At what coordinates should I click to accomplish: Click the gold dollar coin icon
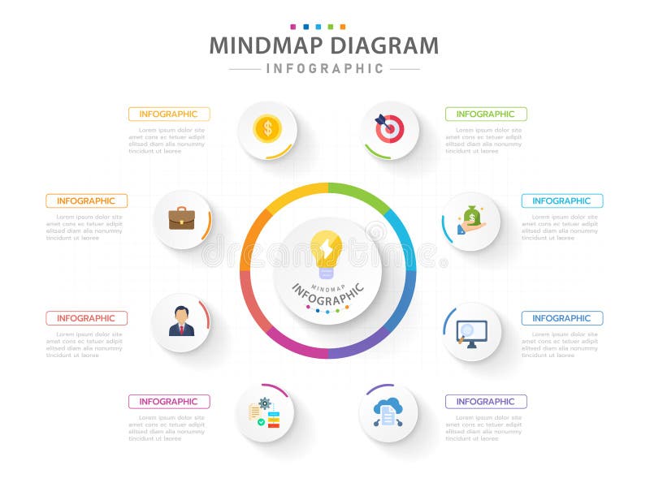(267, 128)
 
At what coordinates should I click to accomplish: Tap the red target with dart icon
(389, 128)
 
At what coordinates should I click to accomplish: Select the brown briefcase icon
(181, 218)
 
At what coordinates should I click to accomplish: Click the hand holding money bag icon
(470, 220)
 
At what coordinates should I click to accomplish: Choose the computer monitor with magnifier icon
(471, 332)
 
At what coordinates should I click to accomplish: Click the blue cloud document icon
(388, 412)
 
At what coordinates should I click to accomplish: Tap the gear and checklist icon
(264, 412)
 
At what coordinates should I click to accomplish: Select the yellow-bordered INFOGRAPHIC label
(169, 114)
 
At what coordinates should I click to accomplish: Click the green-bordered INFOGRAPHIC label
(486, 114)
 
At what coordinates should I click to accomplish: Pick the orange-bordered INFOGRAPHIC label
(87, 200)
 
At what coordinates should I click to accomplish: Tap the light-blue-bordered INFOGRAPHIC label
(562, 200)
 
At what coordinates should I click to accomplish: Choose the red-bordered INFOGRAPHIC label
(87, 318)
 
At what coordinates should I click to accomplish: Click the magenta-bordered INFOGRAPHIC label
(169, 401)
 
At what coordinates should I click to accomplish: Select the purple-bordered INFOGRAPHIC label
(486, 401)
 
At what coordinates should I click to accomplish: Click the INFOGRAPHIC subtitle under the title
(325, 69)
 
